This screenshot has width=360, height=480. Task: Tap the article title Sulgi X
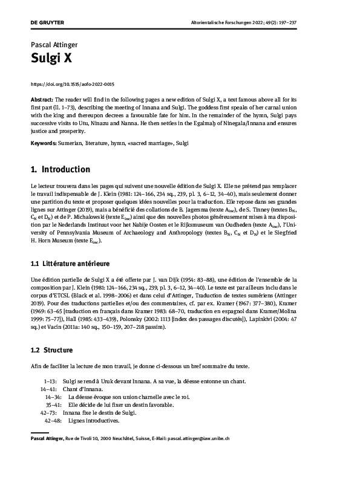48,58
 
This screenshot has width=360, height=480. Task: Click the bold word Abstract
41,99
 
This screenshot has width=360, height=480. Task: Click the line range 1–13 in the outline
50,382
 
